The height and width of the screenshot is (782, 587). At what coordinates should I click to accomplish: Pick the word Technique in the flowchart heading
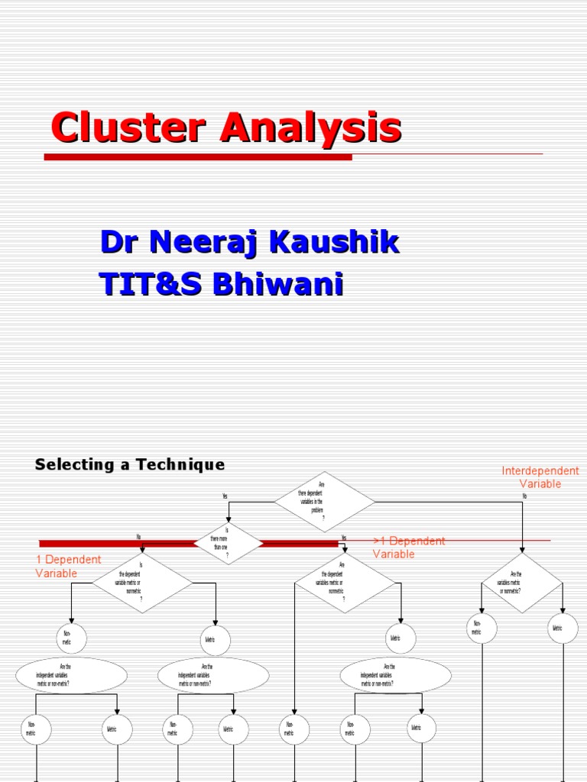click(x=180, y=464)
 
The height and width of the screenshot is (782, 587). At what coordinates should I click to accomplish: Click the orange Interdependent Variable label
click(x=540, y=477)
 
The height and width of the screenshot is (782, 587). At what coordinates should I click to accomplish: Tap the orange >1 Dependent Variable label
click(x=409, y=548)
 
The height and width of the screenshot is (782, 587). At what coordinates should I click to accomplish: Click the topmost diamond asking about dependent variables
click(x=324, y=502)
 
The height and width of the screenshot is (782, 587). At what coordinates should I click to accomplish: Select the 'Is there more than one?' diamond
click(x=228, y=544)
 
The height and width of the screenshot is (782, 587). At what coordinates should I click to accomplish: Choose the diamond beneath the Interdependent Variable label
click(x=522, y=583)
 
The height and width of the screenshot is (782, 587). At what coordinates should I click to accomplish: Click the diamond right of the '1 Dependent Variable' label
click(x=131, y=583)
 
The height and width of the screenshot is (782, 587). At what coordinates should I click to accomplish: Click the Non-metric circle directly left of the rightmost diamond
click(x=481, y=628)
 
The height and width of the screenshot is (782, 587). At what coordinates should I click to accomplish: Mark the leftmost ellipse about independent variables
click(x=71, y=675)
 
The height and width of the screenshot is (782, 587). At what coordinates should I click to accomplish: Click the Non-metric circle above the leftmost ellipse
click(x=71, y=638)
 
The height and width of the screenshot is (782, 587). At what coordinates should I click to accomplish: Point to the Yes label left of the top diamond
click(x=225, y=496)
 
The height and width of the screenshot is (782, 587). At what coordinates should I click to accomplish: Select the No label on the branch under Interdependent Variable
click(x=524, y=496)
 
